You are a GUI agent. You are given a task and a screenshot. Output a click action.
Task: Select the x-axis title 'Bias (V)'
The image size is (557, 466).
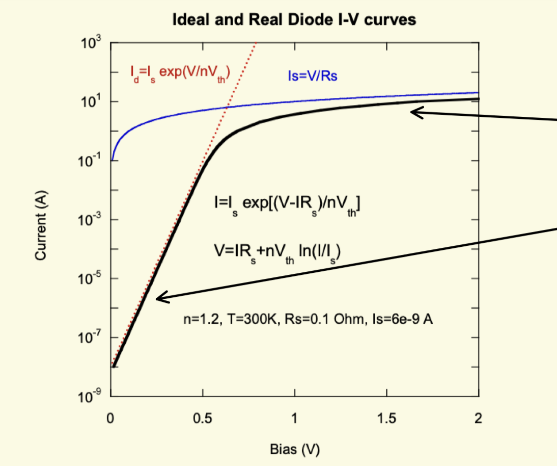click(x=295, y=449)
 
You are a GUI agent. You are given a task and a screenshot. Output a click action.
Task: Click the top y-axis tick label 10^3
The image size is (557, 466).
click(x=92, y=44)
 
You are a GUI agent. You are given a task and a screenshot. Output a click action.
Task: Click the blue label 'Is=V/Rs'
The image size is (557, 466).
click(x=310, y=77)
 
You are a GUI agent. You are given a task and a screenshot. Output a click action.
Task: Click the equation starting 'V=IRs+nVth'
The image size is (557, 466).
click(x=277, y=252)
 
